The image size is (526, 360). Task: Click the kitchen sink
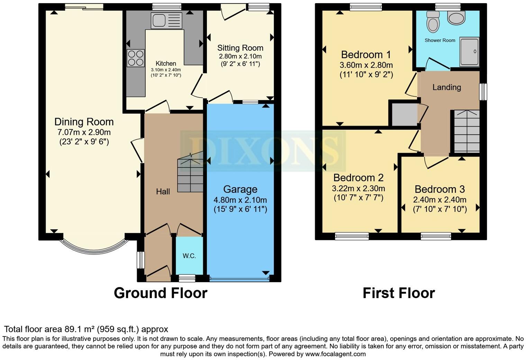166,21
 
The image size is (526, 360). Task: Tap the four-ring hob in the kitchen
136,58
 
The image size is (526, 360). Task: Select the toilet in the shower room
433,22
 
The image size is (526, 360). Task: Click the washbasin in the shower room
456,18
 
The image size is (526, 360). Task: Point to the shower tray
469,52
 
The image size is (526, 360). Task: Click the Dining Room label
84,122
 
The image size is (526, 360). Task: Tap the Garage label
240,189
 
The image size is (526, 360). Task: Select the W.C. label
189,256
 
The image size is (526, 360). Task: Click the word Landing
447,87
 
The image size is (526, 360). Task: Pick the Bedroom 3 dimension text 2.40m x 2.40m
439,200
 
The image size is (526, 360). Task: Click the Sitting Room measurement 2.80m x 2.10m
240,56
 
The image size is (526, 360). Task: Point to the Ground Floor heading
161,293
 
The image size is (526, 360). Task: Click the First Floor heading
399,293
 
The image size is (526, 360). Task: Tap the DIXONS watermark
263,151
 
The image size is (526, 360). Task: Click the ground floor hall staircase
190,173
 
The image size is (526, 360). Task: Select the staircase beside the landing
466,131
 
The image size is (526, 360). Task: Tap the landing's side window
483,92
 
